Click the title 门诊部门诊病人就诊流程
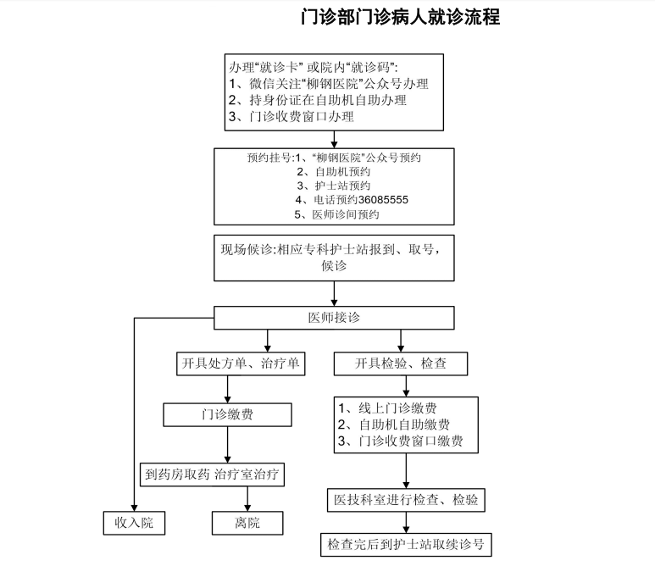[x=401, y=18]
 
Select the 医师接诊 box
[x=334, y=318]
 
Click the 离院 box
[x=247, y=523]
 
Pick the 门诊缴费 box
[x=227, y=414]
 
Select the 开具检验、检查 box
[x=402, y=364]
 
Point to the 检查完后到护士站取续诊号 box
[x=407, y=543]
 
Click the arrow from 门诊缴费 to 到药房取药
[x=227, y=445]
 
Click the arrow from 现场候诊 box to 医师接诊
[x=334, y=293]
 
